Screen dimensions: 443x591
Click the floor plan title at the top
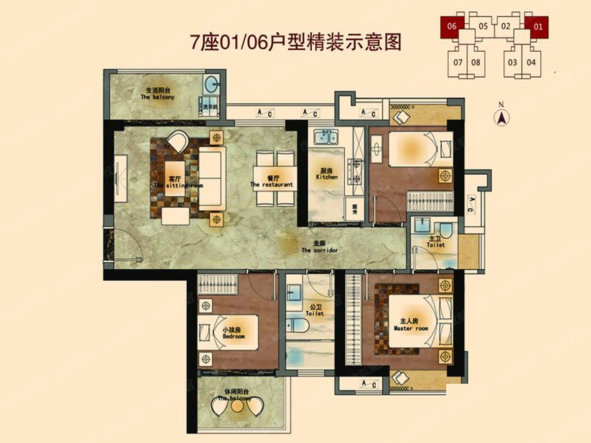[x=295, y=42]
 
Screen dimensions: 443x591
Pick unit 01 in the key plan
[x=538, y=26]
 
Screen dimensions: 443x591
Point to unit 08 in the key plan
[x=475, y=63]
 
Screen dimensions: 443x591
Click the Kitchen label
[x=327, y=173]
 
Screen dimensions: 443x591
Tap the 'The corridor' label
[x=320, y=247]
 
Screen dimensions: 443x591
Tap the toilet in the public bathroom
[x=297, y=325]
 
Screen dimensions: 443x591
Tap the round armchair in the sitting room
[x=178, y=141]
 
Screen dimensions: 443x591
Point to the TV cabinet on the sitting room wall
[x=120, y=178]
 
